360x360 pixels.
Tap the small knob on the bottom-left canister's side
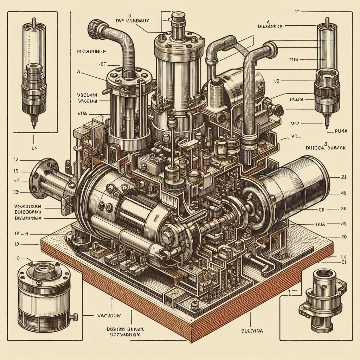(74, 318)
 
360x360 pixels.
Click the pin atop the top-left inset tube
(34, 21)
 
